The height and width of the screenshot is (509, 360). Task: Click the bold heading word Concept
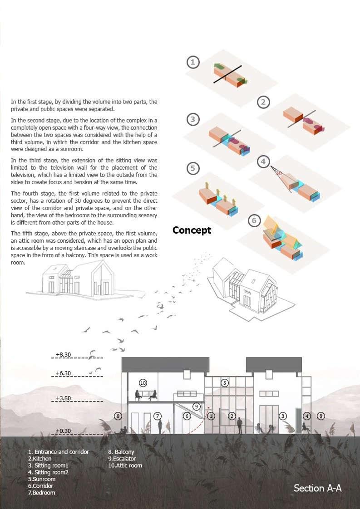point(192,230)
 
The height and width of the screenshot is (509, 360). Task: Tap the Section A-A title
point(317,488)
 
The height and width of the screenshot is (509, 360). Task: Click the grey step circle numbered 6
point(254,221)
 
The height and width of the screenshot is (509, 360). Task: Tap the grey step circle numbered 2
point(263,102)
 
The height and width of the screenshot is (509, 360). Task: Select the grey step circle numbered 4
point(263,162)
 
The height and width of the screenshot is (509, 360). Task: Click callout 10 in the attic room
point(143,383)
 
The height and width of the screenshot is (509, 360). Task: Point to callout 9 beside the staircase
point(196,406)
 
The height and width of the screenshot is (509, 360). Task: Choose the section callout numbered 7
point(158,416)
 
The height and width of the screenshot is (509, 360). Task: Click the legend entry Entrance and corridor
point(59,452)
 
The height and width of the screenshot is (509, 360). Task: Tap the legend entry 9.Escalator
point(122,459)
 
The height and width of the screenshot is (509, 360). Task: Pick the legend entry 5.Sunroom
point(42,479)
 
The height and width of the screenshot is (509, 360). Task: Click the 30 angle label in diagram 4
point(279,173)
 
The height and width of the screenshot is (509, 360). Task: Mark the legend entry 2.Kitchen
point(40,459)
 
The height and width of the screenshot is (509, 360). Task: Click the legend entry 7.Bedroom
point(42,493)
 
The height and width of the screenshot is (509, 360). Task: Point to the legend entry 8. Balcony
point(121,452)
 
